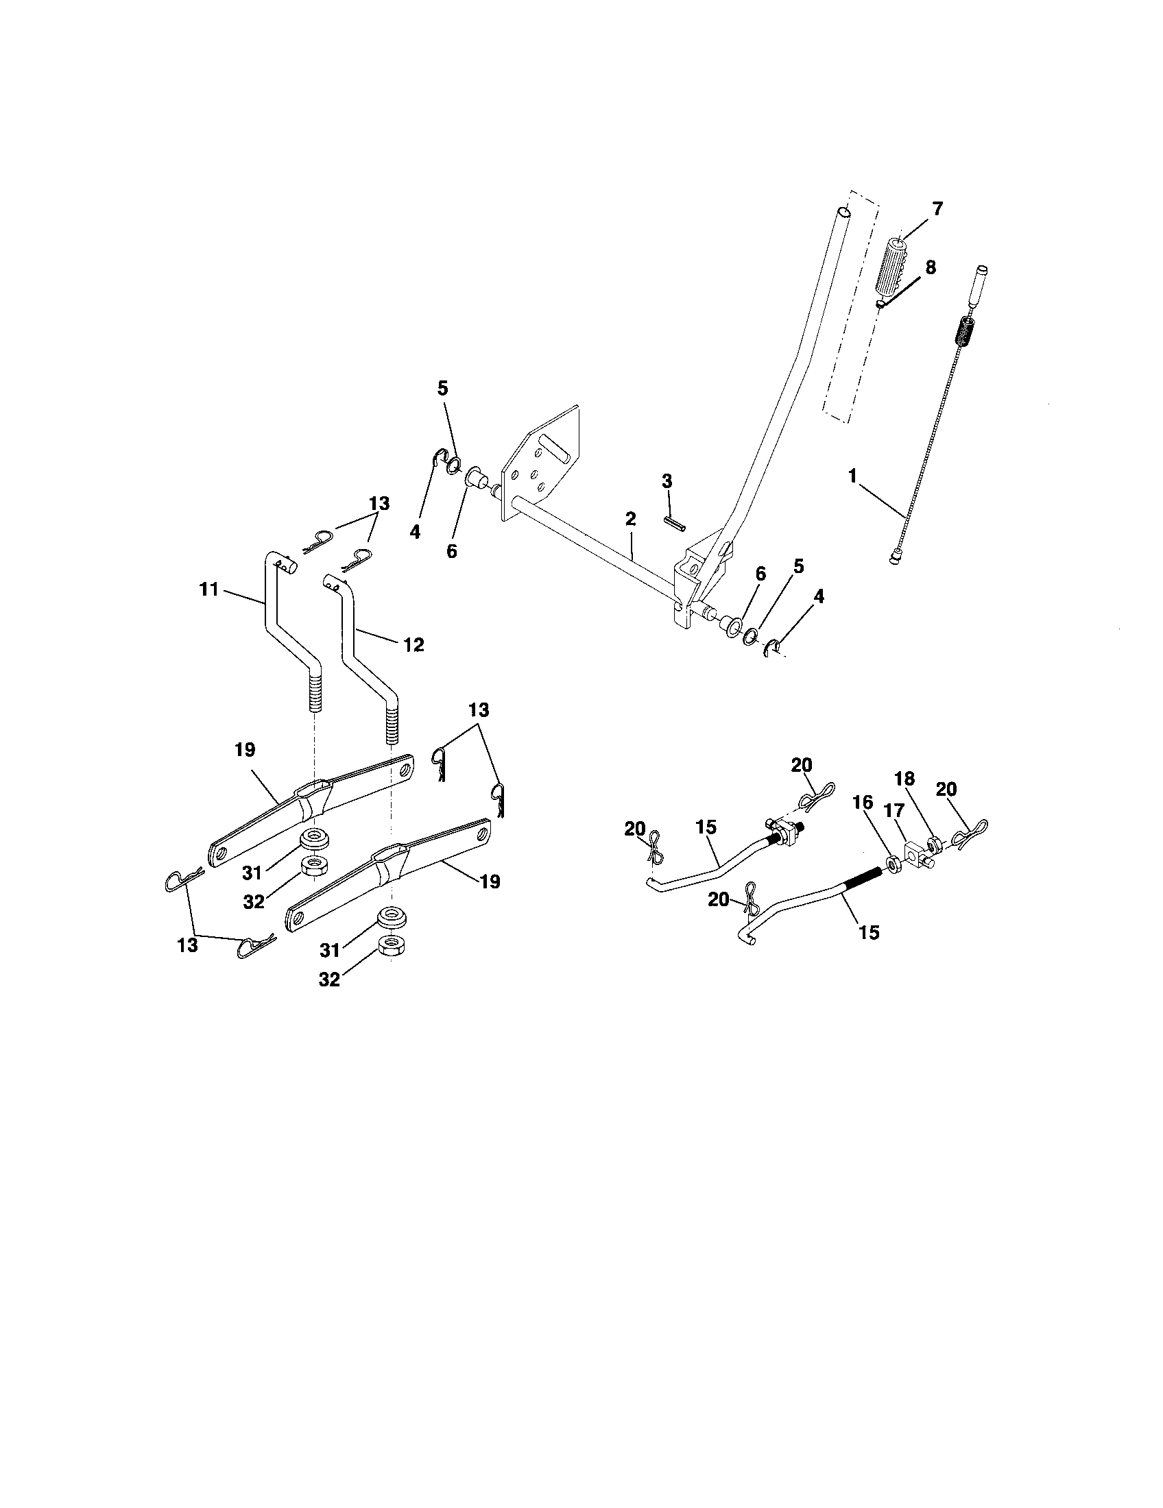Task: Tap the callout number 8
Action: click(931, 268)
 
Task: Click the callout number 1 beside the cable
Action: click(852, 476)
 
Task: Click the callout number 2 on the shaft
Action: click(631, 519)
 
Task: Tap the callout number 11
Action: click(208, 589)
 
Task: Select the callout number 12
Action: click(413, 645)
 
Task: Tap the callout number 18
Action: click(904, 779)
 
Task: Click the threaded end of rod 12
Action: click(392, 721)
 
